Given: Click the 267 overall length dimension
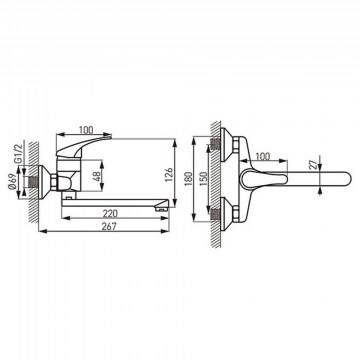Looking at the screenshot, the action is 109,226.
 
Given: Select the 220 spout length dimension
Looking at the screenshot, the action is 110,213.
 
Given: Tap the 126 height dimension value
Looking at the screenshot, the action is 169,175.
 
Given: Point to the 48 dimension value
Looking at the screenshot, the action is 96,176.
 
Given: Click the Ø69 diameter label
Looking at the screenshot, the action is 12,182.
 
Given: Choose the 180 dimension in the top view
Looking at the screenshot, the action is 188,179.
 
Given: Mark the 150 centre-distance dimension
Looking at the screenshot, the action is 203,179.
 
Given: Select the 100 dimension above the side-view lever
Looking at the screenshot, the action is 85,129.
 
